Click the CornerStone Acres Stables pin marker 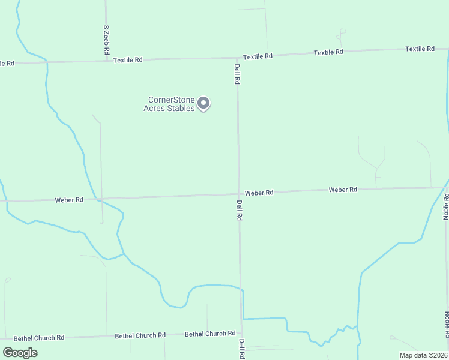[x=203, y=103]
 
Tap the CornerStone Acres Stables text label [x=171, y=104]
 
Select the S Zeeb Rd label [x=106, y=40]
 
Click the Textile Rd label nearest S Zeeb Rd [x=128, y=60]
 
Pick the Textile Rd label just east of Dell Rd [x=258, y=56]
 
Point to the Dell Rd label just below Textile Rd [x=237, y=74]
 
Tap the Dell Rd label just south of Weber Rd [x=239, y=210]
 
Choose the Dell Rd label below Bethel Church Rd [x=241, y=349]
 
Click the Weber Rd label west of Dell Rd [x=69, y=200]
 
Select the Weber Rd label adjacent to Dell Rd [x=259, y=193]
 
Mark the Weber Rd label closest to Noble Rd [x=343, y=190]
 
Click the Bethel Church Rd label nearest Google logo [x=38, y=338]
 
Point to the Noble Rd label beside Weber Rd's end [x=446, y=206]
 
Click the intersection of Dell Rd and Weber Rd [x=239, y=194]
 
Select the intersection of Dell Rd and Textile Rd [x=237, y=58]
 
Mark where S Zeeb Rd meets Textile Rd [x=106, y=60]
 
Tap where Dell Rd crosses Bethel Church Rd [x=241, y=333]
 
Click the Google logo [x=20, y=353]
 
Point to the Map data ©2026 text [x=423, y=355]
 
